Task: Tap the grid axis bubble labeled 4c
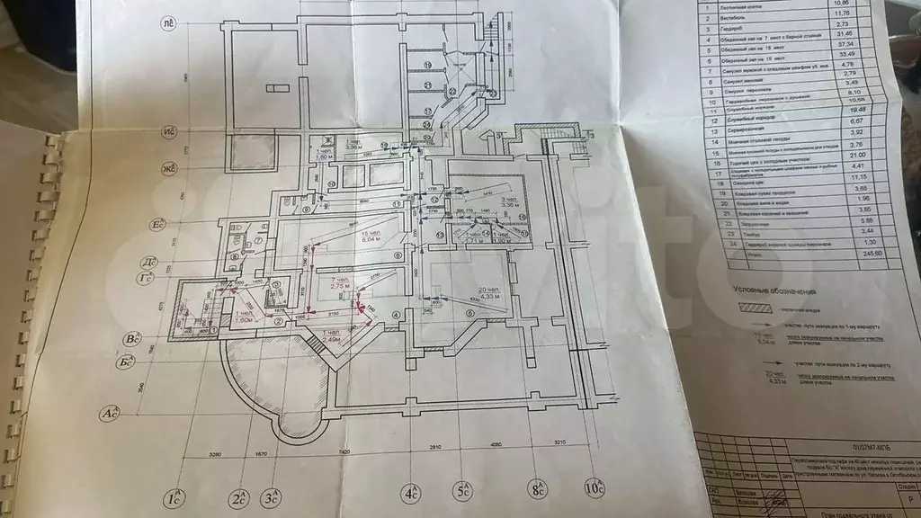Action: pyautogui.click(x=411, y=493)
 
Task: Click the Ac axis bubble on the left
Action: pyautogui.click(x=110, y=413)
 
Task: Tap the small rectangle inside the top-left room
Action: pyautogui.click(x=274, y=87)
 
